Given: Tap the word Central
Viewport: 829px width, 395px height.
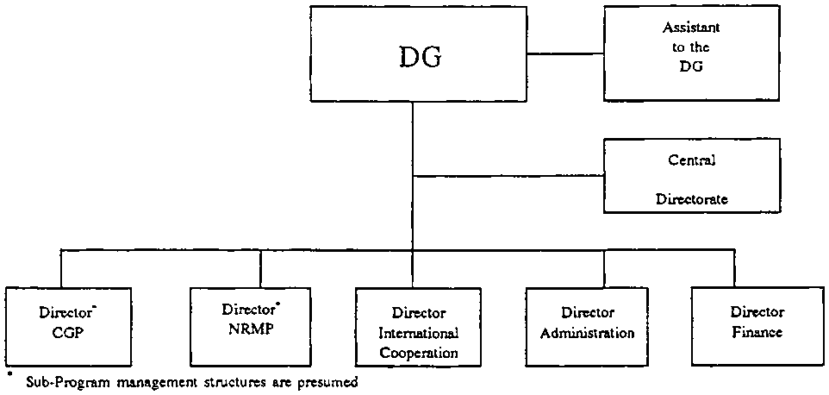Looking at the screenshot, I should coord(692,160).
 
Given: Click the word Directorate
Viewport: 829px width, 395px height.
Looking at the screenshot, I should coord(692,199).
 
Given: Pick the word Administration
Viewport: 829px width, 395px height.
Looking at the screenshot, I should coord(589,333).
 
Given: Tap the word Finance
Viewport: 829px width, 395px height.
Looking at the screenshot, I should coord(757,332).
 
